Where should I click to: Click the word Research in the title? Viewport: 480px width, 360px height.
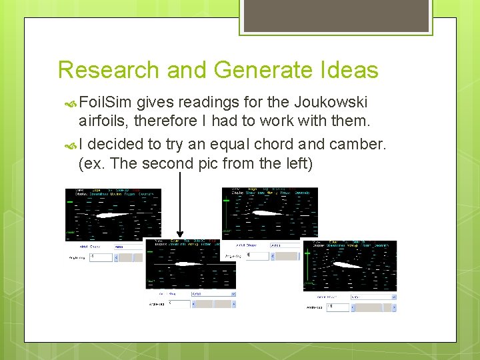click(x=107, y=70)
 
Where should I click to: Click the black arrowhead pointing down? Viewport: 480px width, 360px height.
click(x=181, y=233)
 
